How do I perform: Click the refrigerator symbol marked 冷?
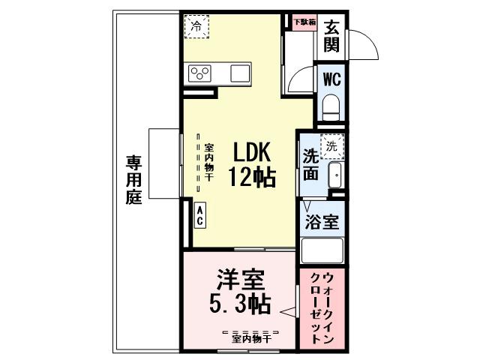(x=197, y=27)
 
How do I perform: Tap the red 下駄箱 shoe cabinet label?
(x=304, y=22)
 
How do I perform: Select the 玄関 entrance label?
(x=332, y=34)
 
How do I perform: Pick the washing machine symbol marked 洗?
(x=332, y=147)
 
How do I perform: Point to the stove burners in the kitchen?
(x=200, y=73)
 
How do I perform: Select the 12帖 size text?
(x=251, y=177)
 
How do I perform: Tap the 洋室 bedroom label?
(x=240, y=281)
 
